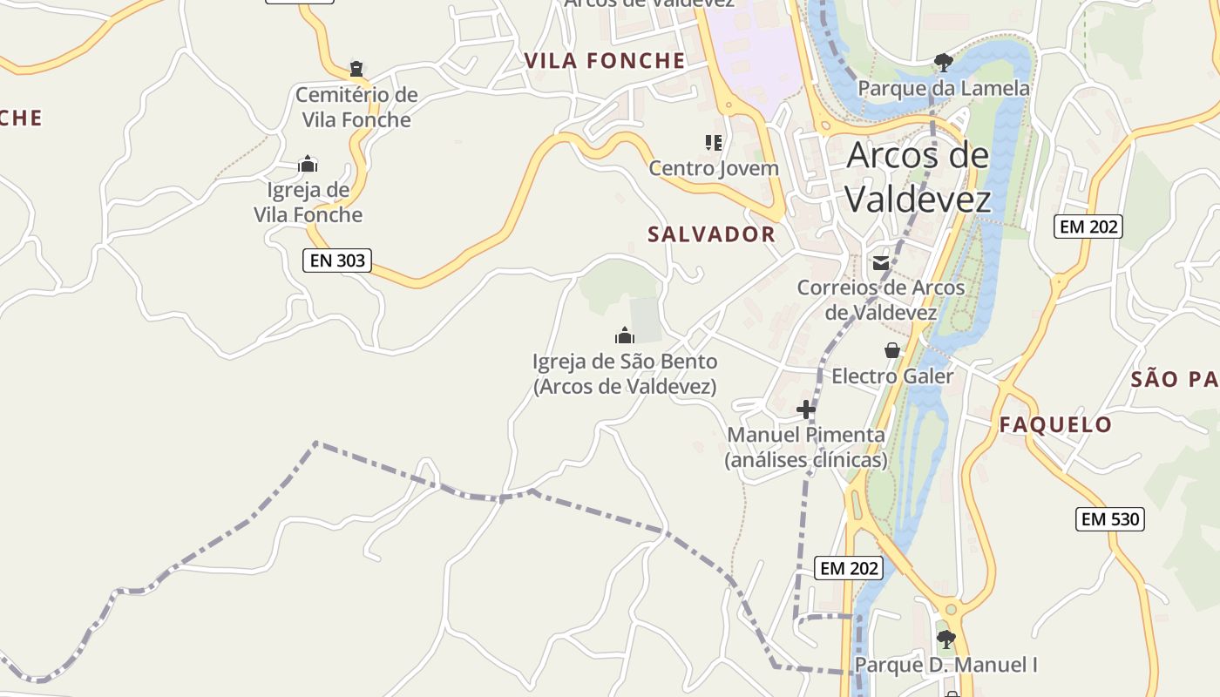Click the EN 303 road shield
coord(337,261)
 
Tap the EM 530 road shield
coord(1109,520)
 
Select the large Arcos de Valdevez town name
coord(918,178)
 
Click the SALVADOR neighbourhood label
coord(711,234)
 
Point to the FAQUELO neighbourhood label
coord(1055,425)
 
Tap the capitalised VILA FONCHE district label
coord(605,61)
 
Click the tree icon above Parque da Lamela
coord(943,62)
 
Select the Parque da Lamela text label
coord(944,89)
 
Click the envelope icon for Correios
coord(881,262)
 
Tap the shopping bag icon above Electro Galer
coord(892,350)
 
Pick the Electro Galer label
coord(892,376)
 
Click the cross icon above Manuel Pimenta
coord(806,409)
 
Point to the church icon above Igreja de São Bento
coord(624,335)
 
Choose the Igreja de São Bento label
coord(625,374)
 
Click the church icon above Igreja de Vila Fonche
coord(308,164)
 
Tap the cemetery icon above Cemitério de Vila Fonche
coord(356,68)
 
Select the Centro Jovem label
coord(714,168)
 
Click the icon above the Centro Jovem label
coord(714,142)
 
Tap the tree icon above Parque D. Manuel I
coord(945,639)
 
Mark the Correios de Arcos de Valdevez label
coord(881,300)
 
